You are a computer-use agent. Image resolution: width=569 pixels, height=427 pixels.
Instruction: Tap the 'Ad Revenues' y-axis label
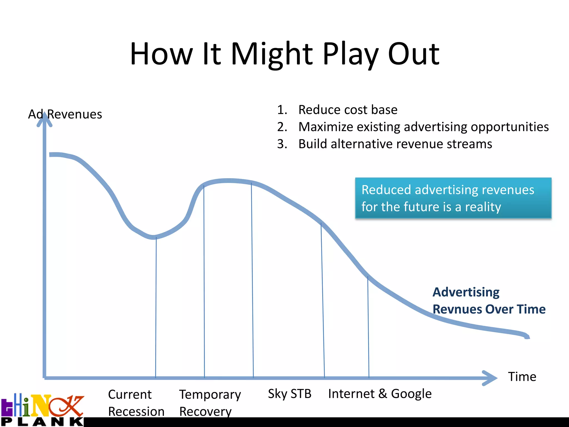coord(65,114)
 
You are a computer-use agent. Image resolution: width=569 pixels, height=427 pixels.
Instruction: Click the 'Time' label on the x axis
coord(522,377)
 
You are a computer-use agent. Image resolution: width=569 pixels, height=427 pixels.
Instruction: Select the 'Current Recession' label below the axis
coord(136,403)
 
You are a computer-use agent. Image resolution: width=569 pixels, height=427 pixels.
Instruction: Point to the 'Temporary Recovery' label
coord(210,403)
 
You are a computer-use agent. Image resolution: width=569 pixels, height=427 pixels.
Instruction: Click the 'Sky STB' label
coord(290,394)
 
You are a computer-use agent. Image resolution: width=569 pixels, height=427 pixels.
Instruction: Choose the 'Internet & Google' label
coord(380,394)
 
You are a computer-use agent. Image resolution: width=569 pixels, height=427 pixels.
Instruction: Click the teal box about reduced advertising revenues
coord(453,198)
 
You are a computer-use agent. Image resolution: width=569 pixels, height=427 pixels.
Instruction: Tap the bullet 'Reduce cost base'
coord(348,110)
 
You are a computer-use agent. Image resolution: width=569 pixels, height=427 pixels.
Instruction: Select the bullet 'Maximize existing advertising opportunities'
coord(423,127)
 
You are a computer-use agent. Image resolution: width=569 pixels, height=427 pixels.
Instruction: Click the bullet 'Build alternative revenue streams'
coord(395,144)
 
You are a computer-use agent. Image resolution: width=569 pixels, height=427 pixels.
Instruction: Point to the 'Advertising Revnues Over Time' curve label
coord(489,301)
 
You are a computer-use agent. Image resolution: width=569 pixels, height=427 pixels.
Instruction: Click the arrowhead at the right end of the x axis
coord(490,378)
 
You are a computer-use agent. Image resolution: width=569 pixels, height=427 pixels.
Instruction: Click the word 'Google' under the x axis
coord(411,394)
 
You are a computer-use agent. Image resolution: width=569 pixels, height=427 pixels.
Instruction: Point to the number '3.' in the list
coord(282,144)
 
